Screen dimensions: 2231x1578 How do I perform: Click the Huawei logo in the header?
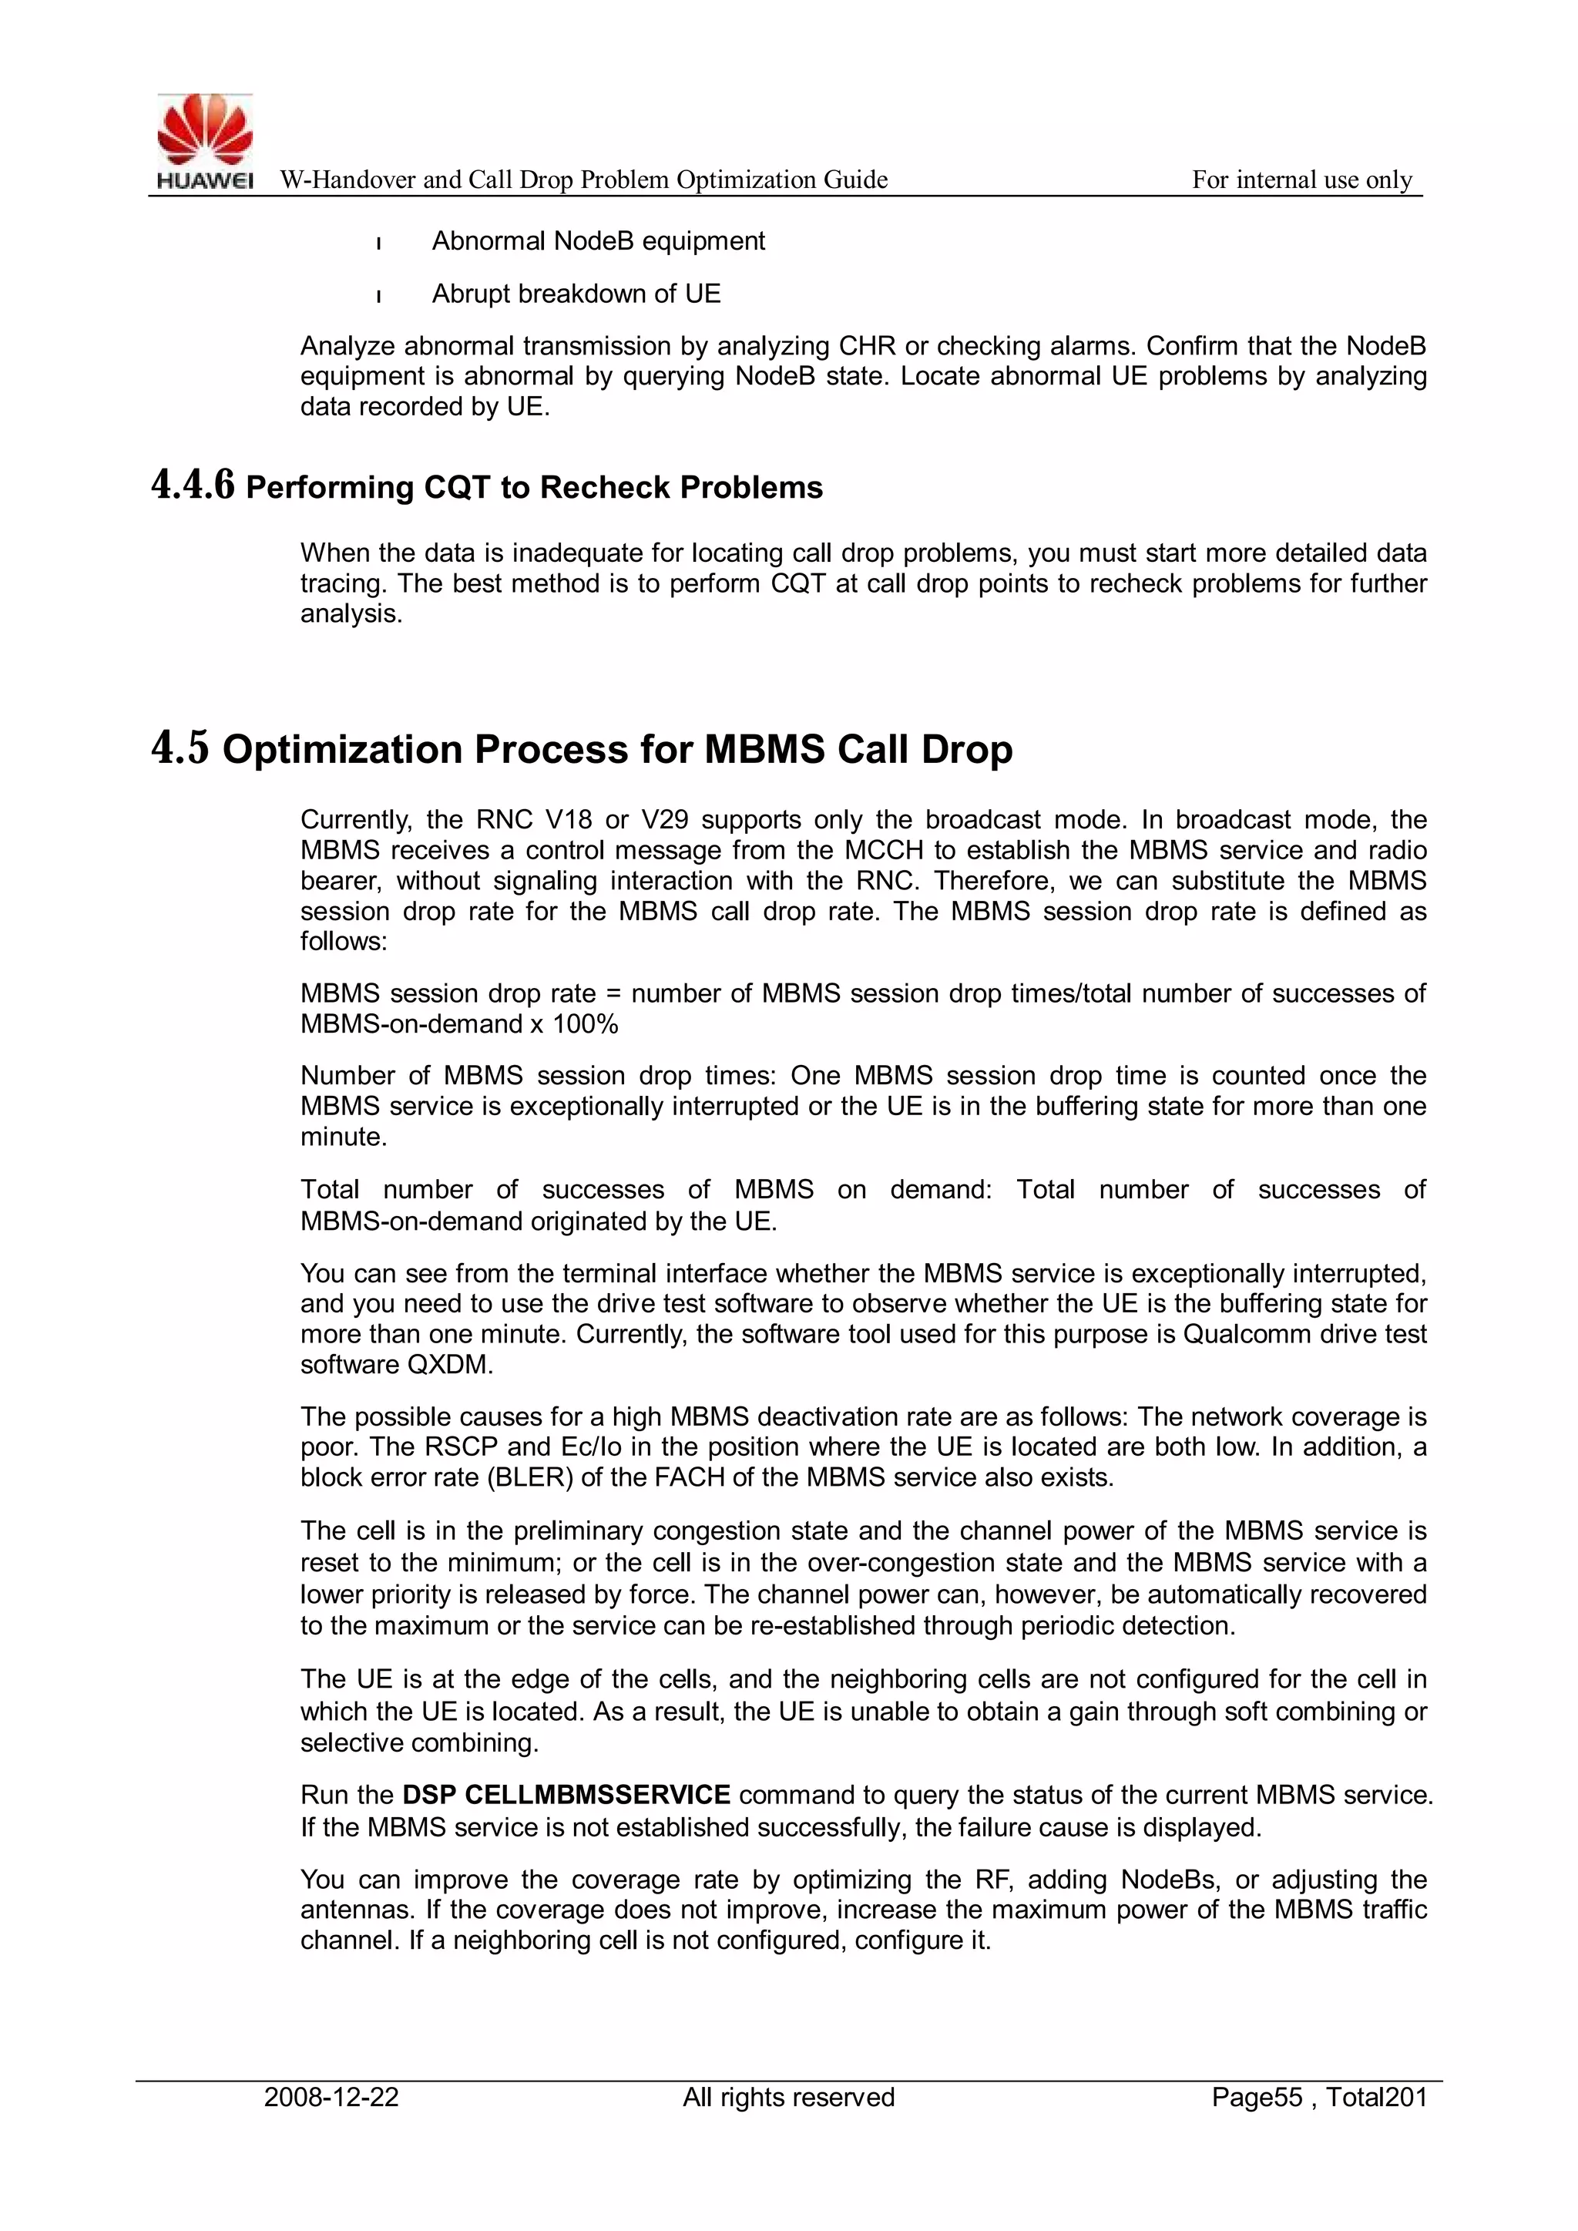click(x=205, y=141)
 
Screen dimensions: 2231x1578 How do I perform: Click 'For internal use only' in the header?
click(x=1301, y=180)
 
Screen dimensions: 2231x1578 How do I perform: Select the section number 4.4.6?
click(x=193, y=486)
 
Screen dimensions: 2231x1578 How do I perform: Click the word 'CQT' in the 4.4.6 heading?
click(x=457, y=487)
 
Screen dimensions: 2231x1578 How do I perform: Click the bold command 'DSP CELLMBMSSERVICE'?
click(x=566, y=1794)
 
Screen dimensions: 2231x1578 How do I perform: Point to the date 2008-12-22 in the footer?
click(x=331, y=2097)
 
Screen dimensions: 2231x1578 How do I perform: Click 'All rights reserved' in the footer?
click(x=788, y=2097)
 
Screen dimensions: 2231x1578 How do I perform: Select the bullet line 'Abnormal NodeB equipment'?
click(x=598, y=241)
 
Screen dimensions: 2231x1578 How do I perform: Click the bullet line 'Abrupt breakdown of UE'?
click(x=576, y=294)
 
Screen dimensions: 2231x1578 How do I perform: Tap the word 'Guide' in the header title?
click(x=855, y=180)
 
